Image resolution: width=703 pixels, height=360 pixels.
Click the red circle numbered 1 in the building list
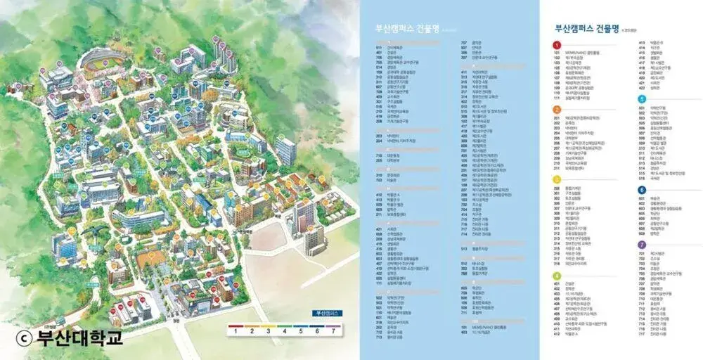557,45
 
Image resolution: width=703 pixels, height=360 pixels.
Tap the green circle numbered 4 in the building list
557,276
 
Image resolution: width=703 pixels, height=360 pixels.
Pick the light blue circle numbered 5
641,100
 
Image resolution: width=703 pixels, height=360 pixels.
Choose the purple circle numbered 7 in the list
641,244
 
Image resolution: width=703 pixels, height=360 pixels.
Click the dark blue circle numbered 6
641,190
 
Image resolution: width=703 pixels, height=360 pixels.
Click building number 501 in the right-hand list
641,108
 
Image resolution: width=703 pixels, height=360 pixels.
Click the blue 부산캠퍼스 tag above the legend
324,312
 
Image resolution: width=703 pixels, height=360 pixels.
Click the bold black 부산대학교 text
79,337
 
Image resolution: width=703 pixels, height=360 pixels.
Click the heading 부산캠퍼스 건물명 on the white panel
586,30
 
